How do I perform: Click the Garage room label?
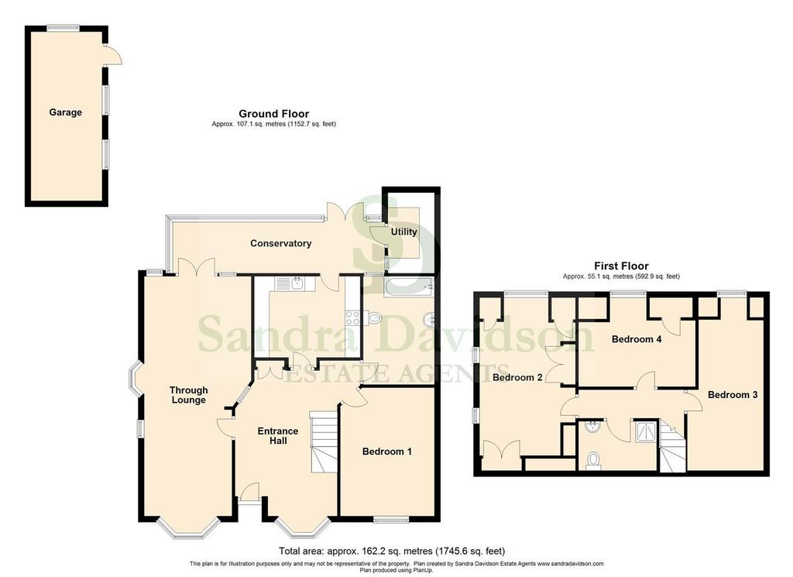(65, 112)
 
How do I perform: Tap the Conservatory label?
(280, 243)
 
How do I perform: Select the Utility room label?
(403, 232)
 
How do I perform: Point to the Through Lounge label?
(189, 395)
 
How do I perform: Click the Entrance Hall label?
(278, 436)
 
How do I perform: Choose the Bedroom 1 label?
(387, 451)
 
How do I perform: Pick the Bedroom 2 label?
(517, 377)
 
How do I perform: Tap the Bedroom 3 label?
(733, 394)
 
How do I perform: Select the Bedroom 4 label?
(637, 338)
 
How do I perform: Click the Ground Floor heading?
(273, 114)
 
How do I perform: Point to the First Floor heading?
(621, 266)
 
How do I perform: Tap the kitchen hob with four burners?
(352, 318)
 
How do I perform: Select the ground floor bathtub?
(409, 287)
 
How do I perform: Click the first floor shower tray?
(646, 431)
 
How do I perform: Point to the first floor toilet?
(592, 461)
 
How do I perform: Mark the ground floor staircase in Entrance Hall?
(323, 441)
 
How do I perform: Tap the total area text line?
(391, 551)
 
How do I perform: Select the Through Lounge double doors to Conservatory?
(197, 266)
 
